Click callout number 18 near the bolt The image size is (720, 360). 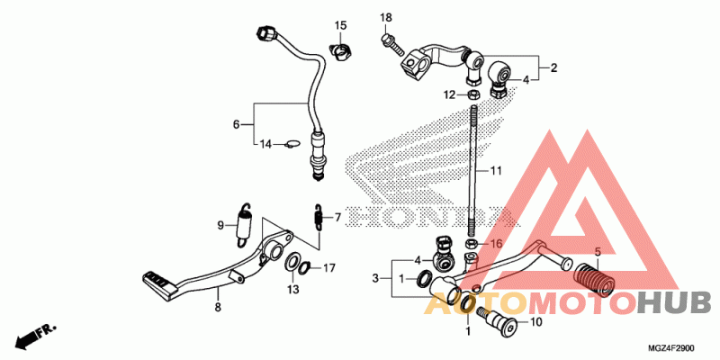[386, 18]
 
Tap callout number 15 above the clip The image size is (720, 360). [341, 24]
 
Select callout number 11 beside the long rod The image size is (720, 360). [496, 170]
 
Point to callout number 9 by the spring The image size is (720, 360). [220, 225]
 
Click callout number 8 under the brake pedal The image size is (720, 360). [217, 308]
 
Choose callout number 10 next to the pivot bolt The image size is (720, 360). [535, 321]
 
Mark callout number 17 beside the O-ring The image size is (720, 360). [329, 267]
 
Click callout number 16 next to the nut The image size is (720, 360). [495, 244]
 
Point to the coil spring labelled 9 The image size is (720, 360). [242, 225]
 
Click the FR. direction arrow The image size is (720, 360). [34, 337]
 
